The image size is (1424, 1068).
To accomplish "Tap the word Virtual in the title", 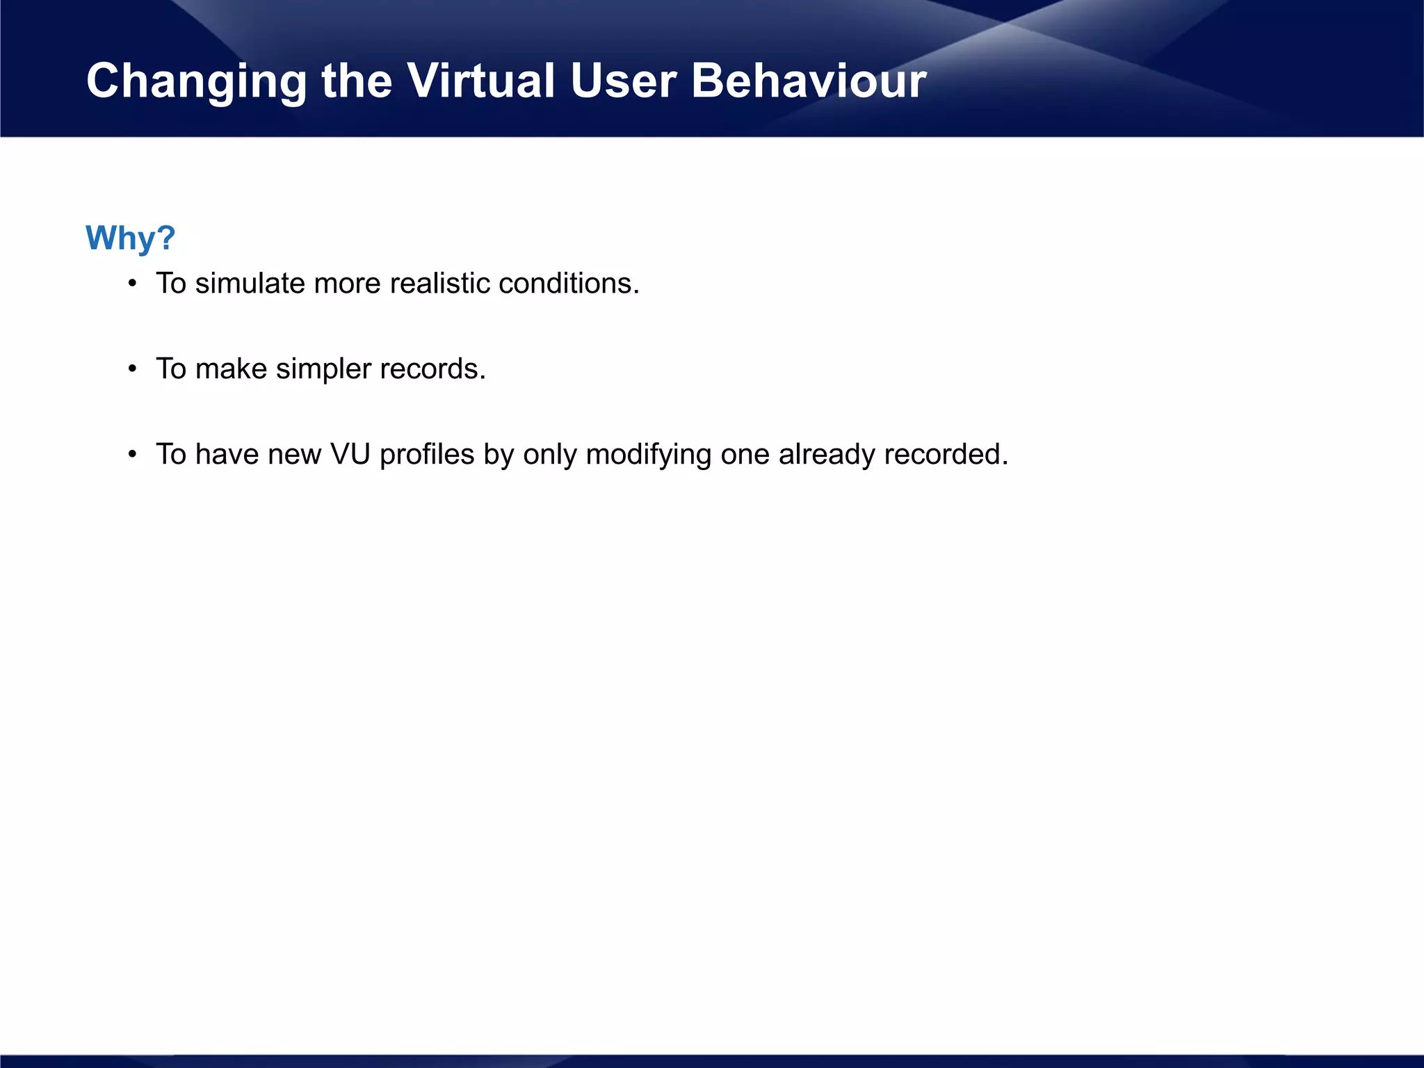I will coord(480,81).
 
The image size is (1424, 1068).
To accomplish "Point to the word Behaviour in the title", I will coord(808,81).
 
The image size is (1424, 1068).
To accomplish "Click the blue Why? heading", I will coord(130,238).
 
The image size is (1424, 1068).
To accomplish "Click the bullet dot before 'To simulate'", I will coord(132,284).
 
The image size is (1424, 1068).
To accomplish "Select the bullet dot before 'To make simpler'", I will coord(132,369).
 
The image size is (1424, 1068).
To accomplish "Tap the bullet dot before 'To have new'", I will coord(132,455).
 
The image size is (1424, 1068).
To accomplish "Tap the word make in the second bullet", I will coord(231,369).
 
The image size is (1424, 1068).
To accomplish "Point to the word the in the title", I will coord(357,81).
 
